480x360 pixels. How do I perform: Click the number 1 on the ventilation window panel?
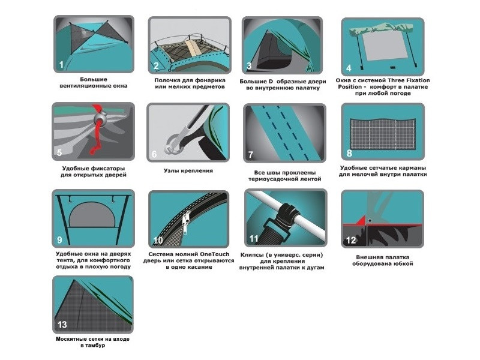pyautogui.click(x=61, y=65)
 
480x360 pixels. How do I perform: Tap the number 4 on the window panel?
pyautogui.click(x=349, y=68)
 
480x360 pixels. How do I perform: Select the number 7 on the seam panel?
pyautogui.click(x=251, y=155)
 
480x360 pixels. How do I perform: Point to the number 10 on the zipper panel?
pyautogui.click(x=158, y=241)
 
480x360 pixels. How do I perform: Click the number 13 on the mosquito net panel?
pyautogui.click(x=62, y=325)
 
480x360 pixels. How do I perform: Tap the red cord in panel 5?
pyautogui.click(x=97, y=131)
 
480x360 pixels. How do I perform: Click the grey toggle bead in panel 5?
pyautogui.click(x=101, y=116)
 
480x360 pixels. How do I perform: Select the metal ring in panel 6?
pyautogui.click(x=174, y=145)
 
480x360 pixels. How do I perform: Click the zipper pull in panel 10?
pyautogui.click(x=185, y=224)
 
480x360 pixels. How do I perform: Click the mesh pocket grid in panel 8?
pyautogui.click(x=383, y=134)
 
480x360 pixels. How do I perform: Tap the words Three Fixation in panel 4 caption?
pyautogui.click(x=409, y=80)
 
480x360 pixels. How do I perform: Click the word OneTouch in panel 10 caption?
pyautogui.click(x=215, y=254)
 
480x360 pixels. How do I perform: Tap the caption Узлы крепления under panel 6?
pyautogui.click(x=188, y=170)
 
